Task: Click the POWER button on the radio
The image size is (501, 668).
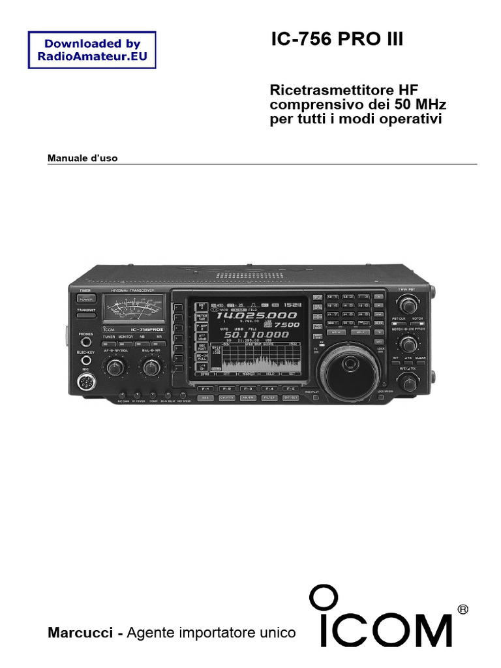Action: click(x=86, y=298)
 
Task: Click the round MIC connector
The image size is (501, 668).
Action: click(x=85, y=384)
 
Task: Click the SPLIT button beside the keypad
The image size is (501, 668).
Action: click(x=318, y=297)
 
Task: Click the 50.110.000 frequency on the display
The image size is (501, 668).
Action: click(x=256, y=335)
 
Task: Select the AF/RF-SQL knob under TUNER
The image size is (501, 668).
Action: click(x=115, y=368)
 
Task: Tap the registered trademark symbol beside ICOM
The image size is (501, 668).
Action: click(x=463, y=609)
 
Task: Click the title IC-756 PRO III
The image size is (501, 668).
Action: click(x=337, y=41)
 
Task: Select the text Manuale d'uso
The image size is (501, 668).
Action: click(x=83, y=159)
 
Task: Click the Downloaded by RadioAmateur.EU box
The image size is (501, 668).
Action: click(x=92, y=50)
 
